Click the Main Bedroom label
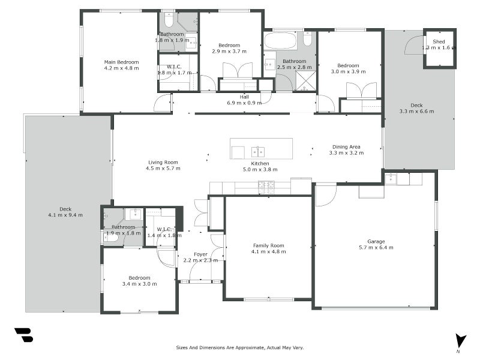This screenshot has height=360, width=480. tap(121, 62)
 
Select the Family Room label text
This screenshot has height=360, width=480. tap(268, 245)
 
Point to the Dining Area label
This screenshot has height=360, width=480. tap(346, 146)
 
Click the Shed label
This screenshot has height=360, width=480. tap(439, 41)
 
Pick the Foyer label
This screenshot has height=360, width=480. tap(200, 254)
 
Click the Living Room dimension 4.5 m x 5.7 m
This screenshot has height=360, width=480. tap(163, 169)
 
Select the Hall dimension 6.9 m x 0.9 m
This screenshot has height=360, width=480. tap(244, 103)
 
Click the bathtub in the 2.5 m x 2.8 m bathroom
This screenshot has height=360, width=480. tap(280, 41)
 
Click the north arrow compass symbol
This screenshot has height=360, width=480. tap(460, 340)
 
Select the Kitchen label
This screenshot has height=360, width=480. tap(260, 163)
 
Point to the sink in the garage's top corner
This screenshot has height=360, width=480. tap(391, 178)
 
